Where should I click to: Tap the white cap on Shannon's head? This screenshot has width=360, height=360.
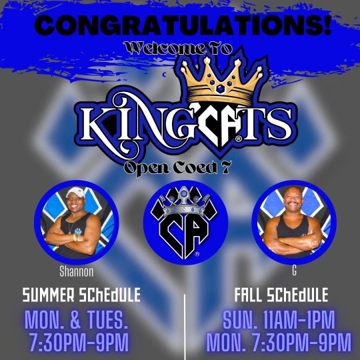(x=75, y=193)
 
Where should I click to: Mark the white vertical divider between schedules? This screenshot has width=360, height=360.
(x=185, y=327)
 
